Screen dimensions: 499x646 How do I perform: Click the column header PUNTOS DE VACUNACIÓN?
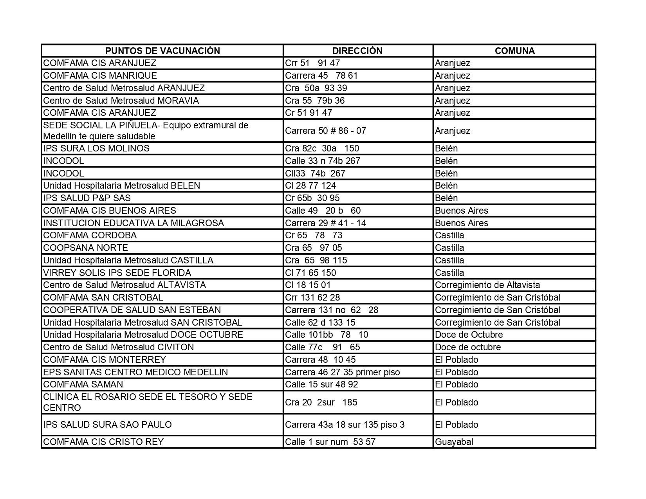[x=162, y=51]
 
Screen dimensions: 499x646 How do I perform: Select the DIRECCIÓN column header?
[x=357, y=51]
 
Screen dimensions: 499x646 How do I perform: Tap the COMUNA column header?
[x=514, y=51]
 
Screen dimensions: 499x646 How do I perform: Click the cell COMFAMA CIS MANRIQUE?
[x=100, y=76]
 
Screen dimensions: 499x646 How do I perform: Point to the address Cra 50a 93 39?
[x=316, y=88]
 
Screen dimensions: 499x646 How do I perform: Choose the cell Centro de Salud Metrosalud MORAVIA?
[x=121, y=101]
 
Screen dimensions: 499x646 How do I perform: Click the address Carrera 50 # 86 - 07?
[x=325, y=131]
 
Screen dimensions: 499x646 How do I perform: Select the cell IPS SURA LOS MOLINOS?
[x=96, y=148]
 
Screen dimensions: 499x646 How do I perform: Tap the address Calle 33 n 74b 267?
[x=323, y=161]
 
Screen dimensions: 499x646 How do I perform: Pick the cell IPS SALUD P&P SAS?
[x=87, y=198]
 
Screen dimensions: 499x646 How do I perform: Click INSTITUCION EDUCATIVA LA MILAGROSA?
[x=134, y=223]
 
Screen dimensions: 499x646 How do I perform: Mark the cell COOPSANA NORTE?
[x=85, y=248]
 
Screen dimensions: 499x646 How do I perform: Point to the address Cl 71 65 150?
[x=310, y=273]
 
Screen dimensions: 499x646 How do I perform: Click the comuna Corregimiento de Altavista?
[x=487, y=285]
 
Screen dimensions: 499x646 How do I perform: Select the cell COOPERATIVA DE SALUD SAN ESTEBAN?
[x=132, y=310]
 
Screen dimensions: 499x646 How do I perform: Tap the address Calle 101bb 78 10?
[x=327, y=335]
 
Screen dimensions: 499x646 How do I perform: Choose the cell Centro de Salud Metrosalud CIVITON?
[x=118, y=347]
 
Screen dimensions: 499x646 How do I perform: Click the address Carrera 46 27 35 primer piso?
[x=343, y=372]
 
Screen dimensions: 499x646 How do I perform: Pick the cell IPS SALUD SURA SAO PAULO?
[x=107, y=425]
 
